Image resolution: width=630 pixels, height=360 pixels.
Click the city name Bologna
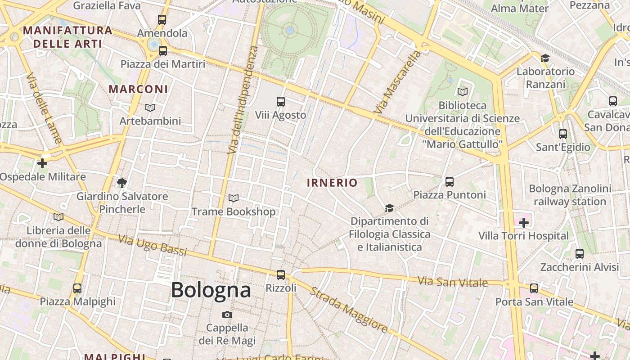pos(211,290)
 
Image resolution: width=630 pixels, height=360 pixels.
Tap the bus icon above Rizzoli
pos(281,274)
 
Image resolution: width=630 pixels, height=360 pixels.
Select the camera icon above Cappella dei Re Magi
pos(227,315)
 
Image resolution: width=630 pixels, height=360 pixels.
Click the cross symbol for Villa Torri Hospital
pos(523,222)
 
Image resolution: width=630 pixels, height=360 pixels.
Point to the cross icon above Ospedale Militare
pos(42,163)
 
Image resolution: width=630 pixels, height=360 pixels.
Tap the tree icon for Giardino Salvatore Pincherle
pos(121,183)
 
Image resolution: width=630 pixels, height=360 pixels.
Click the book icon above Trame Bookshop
pos(233,198)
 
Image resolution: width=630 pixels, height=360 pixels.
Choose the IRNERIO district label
pos(332,183)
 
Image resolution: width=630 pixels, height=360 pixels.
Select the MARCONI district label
pos(138,89)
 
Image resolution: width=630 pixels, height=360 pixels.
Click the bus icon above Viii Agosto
pos(281,102)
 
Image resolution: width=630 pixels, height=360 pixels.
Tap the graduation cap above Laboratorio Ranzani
pos(545,58)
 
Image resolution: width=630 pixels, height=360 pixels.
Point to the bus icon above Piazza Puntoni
pos(449,181)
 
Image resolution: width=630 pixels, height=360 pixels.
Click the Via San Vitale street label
pos(453,282)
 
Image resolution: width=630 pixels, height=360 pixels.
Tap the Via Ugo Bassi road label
pos(153,246)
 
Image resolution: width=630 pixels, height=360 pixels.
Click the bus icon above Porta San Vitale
pos(534,288)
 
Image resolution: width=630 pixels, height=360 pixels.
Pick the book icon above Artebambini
pos(150,108)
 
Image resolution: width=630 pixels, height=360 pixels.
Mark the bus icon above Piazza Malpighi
pos(77,288)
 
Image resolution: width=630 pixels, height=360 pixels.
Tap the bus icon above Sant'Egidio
pos(562,134)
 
